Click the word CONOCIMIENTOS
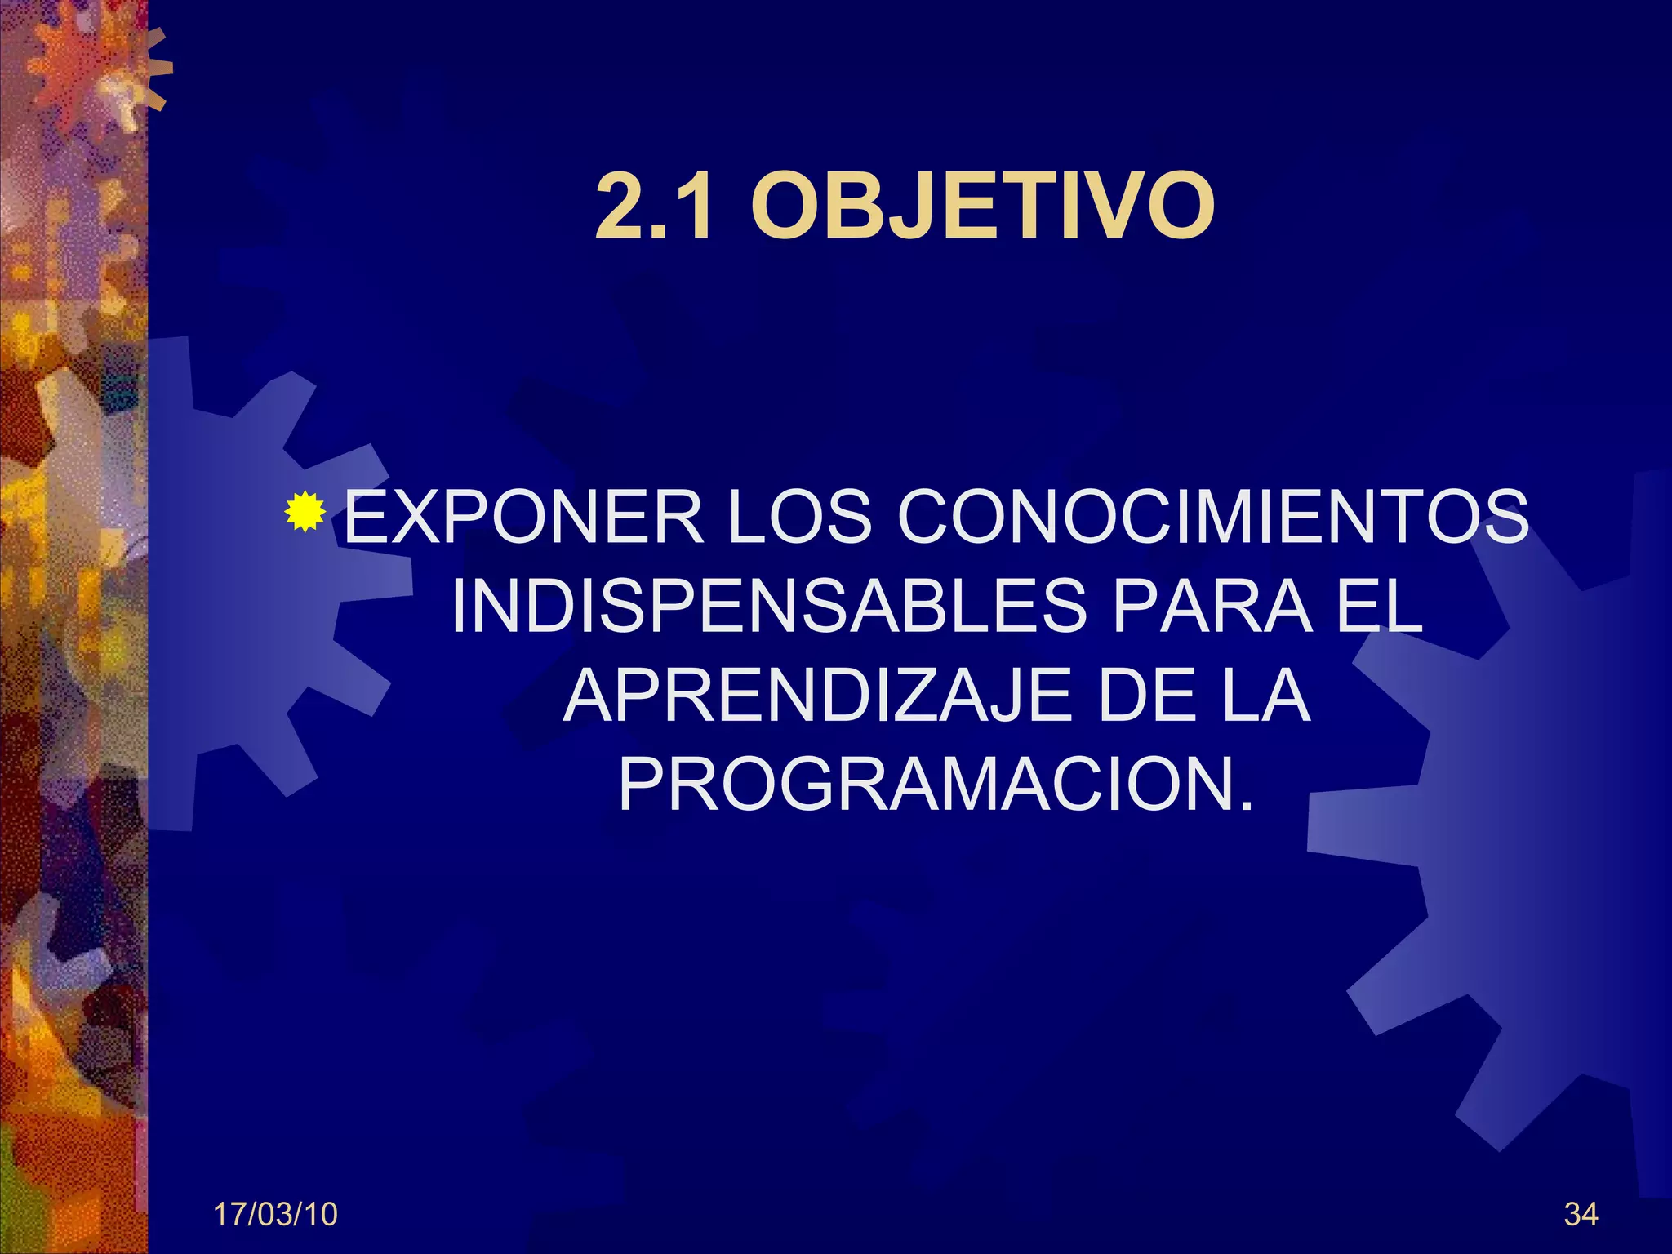click(x=1212, y=517)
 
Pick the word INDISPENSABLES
click(x=768, y=607)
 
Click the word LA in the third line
click(x=1266, y=696)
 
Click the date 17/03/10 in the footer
click(x=275, y=1215)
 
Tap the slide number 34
click(x=1581, y=1215)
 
